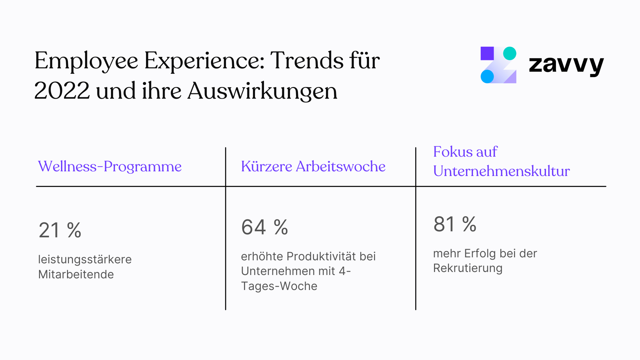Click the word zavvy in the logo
tap(566, 65)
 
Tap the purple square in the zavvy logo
tap(487, 53)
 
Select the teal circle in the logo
tap(509, 53)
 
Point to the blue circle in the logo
tap(487, 76)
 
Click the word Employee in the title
tap(86, 61)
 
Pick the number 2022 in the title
tap(62, 91)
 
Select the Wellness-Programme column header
tap(110, 166)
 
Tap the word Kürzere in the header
tap(266, 166)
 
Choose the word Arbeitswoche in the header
tap(340, 166)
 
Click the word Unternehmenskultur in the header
tap(501, 171)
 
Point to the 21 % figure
tap(60, 230)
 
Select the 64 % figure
tap(264, 227)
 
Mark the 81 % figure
tap(455, 224)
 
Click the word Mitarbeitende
tap(76, 274)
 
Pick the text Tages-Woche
tap(279, 286)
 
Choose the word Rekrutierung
tap(468, 268)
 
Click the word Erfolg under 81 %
tap(480, 253)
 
